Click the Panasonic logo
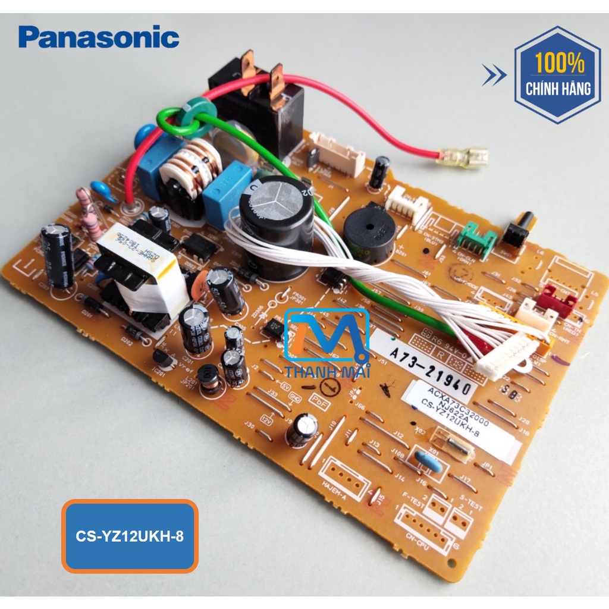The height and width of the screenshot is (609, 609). click(99, 37)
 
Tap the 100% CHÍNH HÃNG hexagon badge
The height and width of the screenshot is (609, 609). click(558, 75)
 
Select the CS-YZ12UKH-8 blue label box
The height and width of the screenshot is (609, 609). click(130, 536)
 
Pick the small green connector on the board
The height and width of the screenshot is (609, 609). click(476, 241)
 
